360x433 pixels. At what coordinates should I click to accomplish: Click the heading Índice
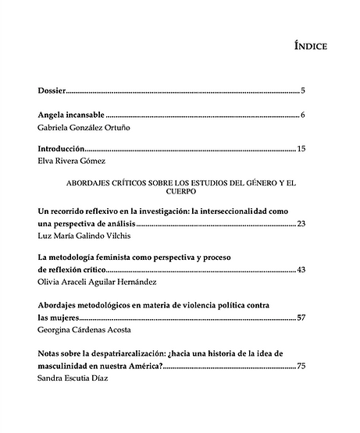pos(311,46)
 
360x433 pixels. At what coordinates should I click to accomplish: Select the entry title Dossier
pos(51,91)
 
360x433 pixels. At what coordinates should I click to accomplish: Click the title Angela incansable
pos(71,114)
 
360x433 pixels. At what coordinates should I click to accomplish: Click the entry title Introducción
pos(61,148)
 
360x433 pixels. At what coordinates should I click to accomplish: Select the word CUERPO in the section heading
pos(181,190)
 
